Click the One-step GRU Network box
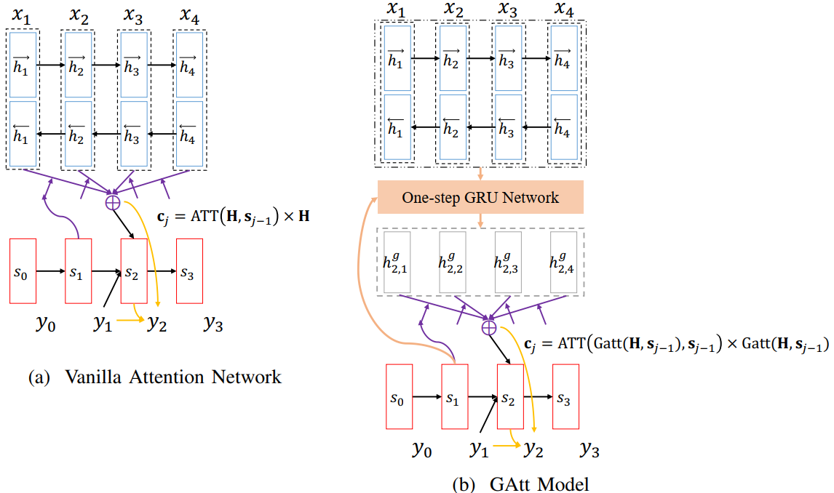pyautogui.click(x=480, y=197)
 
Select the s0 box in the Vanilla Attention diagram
pyautogui.click(x=23, y=270)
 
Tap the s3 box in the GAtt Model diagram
pyautogui.click(x=565, y=397)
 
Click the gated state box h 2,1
pyautogui.click(x=397, y=262)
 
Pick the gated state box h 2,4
pyautogui.click(x=563, y=262)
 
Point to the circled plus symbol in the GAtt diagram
pyautogui.click(x=489, y=329)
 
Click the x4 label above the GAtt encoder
pyautogui.click(x=563, y=10)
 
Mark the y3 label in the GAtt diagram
pyautogui.click(x=589, y=451)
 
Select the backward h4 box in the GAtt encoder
pyautogui.click(x=563, y=127)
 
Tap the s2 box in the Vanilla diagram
pyautogui.click(x=133, y=270)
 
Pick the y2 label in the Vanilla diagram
pyautogui.click(x=156, y=324)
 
